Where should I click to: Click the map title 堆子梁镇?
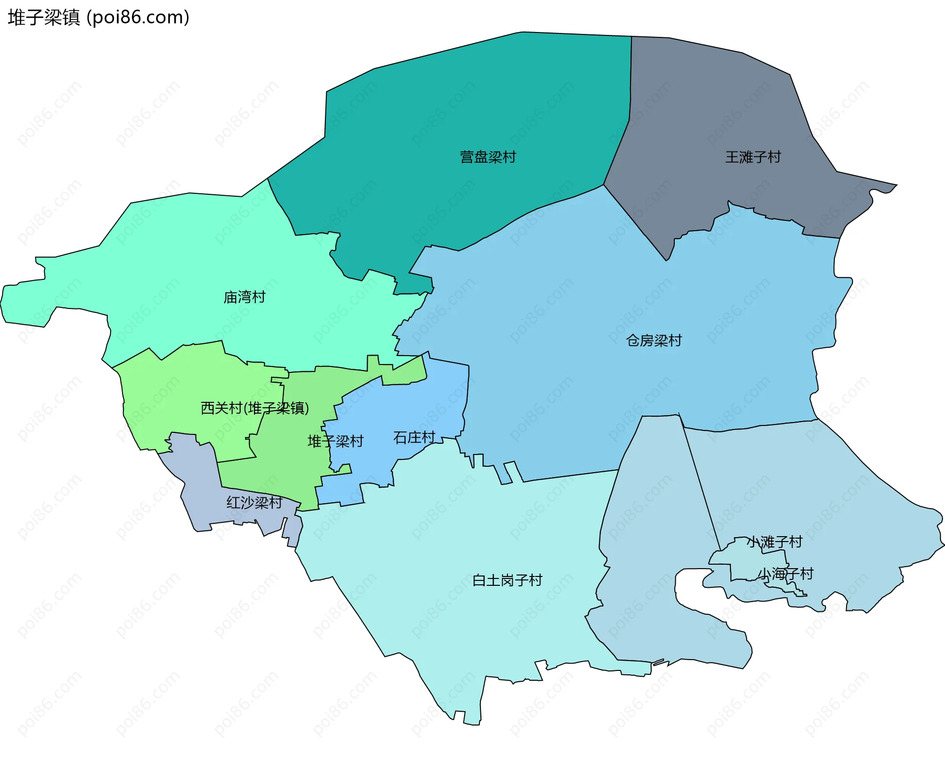tap(44, 18)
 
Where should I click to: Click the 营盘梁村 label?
tap(488, 157)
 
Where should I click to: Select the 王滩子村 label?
tap(753, 157)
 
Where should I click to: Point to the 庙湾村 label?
tap(245, 298)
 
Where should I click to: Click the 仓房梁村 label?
tap(654, 341)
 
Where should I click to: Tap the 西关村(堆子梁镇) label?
tap(254, 408)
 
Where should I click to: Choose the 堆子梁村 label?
tap(335, 442)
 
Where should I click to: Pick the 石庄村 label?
tap(414, 438)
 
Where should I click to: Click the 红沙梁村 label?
tap(254, 503)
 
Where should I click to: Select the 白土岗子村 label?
tap(507, 581)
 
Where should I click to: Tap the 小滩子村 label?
tap(775, 542)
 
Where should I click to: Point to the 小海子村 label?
tap(786, 574)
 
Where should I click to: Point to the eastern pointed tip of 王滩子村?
tap(896, 186)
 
